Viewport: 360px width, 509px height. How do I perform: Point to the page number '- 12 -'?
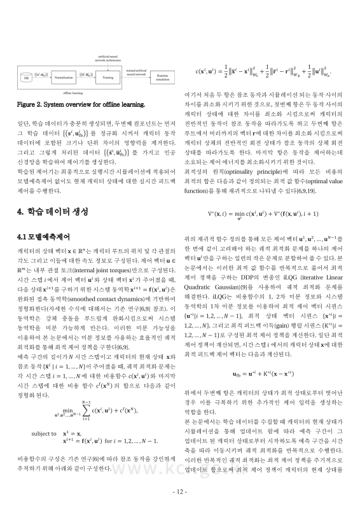(x=180, y=493)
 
